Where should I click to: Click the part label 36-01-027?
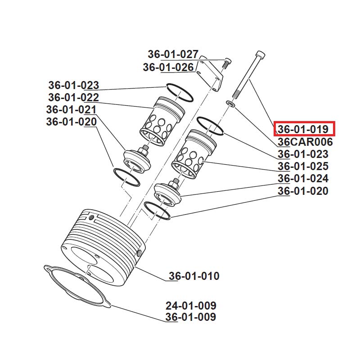click(x=173, y=54)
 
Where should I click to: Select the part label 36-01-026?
click(x=168, y=67)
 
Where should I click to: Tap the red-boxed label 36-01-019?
click(x=303, y=129)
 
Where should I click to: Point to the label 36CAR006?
click(x=305, y=142)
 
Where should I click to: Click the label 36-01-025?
click(x=303, y=166)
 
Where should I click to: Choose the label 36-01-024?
click(x=303, y=179)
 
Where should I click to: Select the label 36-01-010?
click(x=194, y=276)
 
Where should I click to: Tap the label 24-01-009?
click(x=191, y=306)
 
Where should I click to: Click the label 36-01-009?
click(x=191, y=317)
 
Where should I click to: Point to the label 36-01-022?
click(x=73, y=97)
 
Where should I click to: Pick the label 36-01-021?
click(x=71, y=109)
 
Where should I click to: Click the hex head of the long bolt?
click(x=260, y=55)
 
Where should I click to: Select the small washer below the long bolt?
click(x=230, y=103)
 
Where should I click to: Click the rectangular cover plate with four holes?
click(x=209, y=73)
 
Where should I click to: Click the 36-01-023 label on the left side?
click(x=73, y=85)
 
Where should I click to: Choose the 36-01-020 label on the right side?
click(x=303, y=191)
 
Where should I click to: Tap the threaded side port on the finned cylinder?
click(x=139, y=253)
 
